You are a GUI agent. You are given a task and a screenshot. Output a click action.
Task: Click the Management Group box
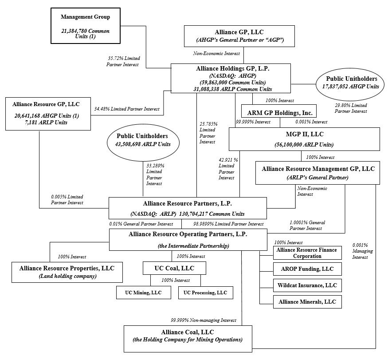[85, 25]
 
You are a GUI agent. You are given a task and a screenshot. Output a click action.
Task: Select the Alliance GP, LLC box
[239, 36]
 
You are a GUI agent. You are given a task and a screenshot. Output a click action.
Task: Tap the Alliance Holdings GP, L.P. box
[231, 78]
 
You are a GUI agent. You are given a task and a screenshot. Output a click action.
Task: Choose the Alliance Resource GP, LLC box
[48, 113]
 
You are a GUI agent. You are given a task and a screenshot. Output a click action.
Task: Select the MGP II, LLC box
[304, 139]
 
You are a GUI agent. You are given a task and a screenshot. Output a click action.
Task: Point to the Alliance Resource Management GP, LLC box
[317, 172]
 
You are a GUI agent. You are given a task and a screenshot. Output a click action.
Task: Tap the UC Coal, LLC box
[175, 268]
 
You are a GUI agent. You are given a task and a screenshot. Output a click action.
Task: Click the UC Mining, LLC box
[144, 293]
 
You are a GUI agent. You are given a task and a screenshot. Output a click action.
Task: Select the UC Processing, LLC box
[205, 293]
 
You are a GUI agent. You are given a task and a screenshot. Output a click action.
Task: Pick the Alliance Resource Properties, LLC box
[67, 272]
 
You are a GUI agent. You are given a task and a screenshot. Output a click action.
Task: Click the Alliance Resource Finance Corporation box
[307, 253]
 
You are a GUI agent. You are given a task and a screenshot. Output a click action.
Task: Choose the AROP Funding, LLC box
[307, 269]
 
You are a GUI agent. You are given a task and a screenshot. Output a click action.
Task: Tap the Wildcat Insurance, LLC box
[307, 285]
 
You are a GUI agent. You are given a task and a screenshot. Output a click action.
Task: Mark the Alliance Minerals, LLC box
[307, 302]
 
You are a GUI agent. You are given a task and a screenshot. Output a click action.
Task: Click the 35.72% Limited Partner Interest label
[123, 61]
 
